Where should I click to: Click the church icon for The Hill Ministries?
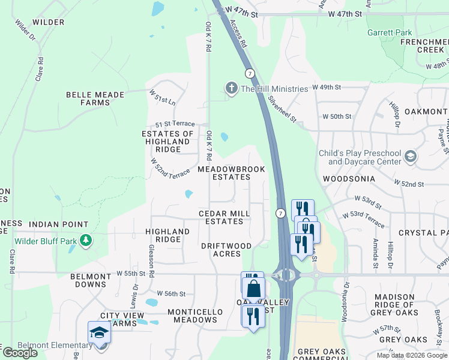coord(231,89)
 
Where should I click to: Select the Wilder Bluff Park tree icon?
coord(86,241)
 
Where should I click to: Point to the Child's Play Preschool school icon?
coord(411,157)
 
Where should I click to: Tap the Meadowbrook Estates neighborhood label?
coord(232,173)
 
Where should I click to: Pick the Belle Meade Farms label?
coord(95,98)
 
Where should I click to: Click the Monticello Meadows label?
coord(195,316)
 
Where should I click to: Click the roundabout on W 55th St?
coord(286,275)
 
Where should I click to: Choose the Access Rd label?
coord(238,34)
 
